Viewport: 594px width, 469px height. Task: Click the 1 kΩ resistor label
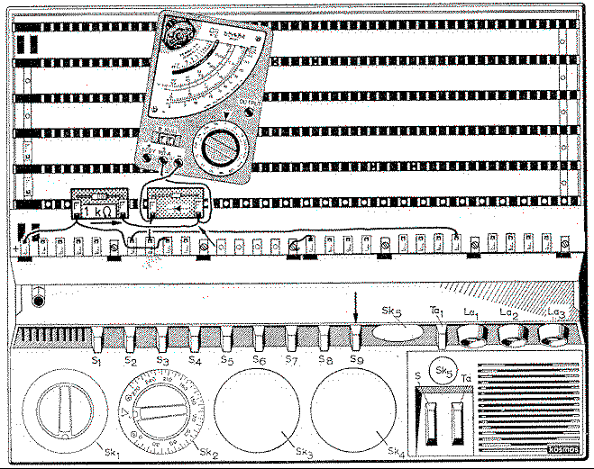pos(98,212)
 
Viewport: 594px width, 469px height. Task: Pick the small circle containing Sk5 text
pos(443,371)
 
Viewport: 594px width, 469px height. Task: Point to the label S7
pos(290,361)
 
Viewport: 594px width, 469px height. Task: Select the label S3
pos(161,361)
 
